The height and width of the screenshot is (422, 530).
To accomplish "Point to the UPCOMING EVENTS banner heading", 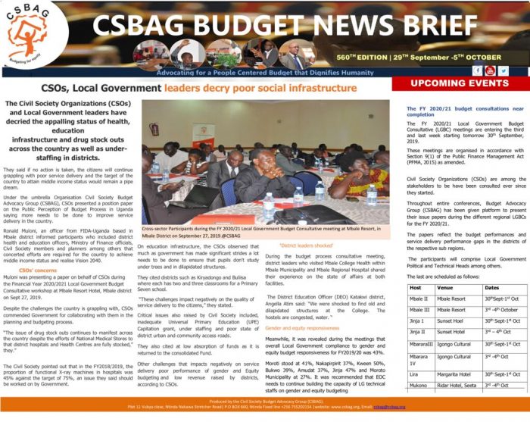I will coord(459,83).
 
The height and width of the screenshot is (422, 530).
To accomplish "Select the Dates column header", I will coord(492,288).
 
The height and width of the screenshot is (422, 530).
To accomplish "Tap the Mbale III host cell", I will coord(419,309).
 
